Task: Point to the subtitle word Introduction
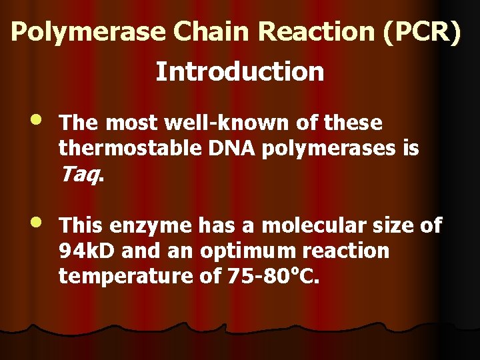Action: pos(240,71)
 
